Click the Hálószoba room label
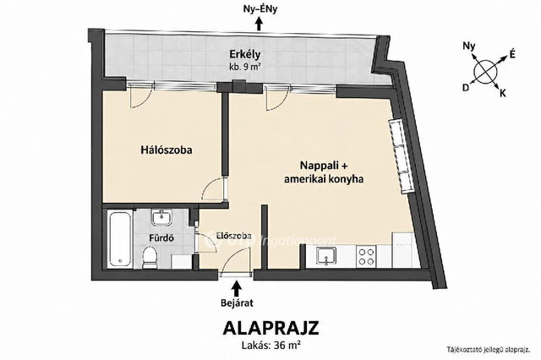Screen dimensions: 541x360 click(x=167, y=150)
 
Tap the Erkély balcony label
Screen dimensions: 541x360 click(x=245, y=54)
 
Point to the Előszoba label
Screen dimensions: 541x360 click(x=233, y=237)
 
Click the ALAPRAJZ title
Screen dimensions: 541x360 click(x=270, y=328)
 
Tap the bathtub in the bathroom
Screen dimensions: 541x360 click(x=120, y=238)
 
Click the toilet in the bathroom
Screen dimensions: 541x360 click(x=150, y=257)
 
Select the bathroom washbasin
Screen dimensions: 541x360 click(x=161, y=217)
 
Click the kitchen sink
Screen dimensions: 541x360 click(x=326, y=257)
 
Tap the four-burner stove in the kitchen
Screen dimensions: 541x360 click(x=366, y=257)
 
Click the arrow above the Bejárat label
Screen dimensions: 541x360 click(x=237, y=288)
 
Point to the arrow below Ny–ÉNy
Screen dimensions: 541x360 click(x=259, y=25)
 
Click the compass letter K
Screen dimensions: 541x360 click(x=503, y=93)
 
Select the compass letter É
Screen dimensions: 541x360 click(x=512, y=54)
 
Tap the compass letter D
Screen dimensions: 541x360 click(x=466, y=88)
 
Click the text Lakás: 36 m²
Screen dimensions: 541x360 click(x=270, y=345)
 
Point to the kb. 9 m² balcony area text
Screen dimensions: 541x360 click(x=245, y=67)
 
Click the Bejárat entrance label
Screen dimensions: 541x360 click(x=237, y=303)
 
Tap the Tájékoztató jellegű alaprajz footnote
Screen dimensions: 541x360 click(x=489, y=350)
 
